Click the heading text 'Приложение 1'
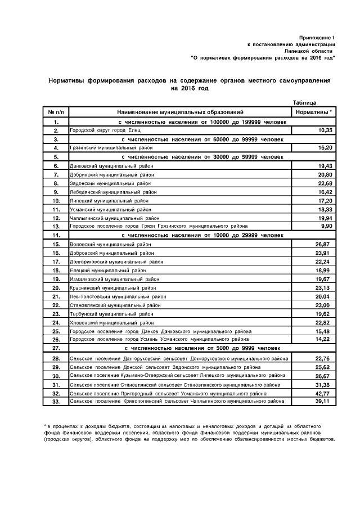pyautogui.click(x=317, y=37)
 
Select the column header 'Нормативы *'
pyautogui.click(x=313, y=112)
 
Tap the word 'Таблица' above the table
pyautogui.click(x=305, y=102)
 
